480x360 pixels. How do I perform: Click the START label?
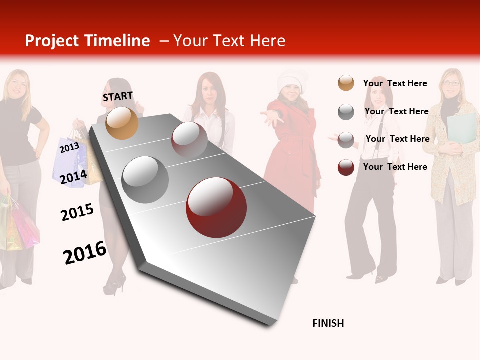pyautogui.click(x=118, y=96)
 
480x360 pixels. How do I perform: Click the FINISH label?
pyautogui.click(x=328, y=323)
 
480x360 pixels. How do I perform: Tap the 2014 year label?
pyautogui.click(x=74, y=176)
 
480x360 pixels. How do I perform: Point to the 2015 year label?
pyautogui.click(x=77, y=212)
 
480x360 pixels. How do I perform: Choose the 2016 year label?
pyautogui.click(x=85, y=252)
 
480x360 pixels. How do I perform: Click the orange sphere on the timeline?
pyautogui.click(x=122, y=123)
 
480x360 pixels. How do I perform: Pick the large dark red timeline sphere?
pyautogui.click(x=216, y=207)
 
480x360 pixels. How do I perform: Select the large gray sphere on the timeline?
pyautogui.click(x=145, y=180)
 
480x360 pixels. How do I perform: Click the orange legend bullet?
pyautogui.click(x=346, y=83)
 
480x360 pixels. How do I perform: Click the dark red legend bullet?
pyautogui.click(x=346, y=167)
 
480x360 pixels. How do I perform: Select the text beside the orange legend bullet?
pyautogui.click(x=395, y=83)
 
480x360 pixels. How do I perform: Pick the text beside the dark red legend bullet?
pyautogui.click(x=395, y=167)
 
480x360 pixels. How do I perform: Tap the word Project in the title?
pyautogui.click(x=52, y=41)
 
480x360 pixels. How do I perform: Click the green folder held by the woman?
pyautogui.click(x=461, y=128)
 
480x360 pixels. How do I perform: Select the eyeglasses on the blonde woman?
pyautogui.click(x=451, y=83)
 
